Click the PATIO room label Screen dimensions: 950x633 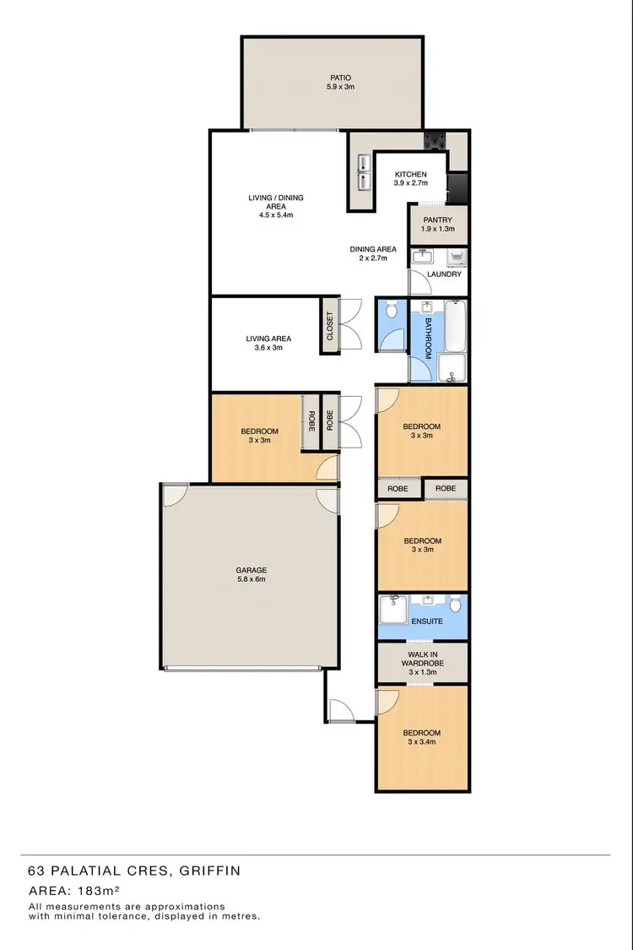341,77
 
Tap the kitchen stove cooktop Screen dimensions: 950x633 436,141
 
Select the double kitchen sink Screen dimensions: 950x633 364,171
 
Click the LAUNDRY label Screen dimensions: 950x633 444,274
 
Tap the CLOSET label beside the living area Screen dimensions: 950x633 330,326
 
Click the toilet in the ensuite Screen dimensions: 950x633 455,603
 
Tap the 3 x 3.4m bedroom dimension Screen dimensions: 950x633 422,743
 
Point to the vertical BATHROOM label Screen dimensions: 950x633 428,339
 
